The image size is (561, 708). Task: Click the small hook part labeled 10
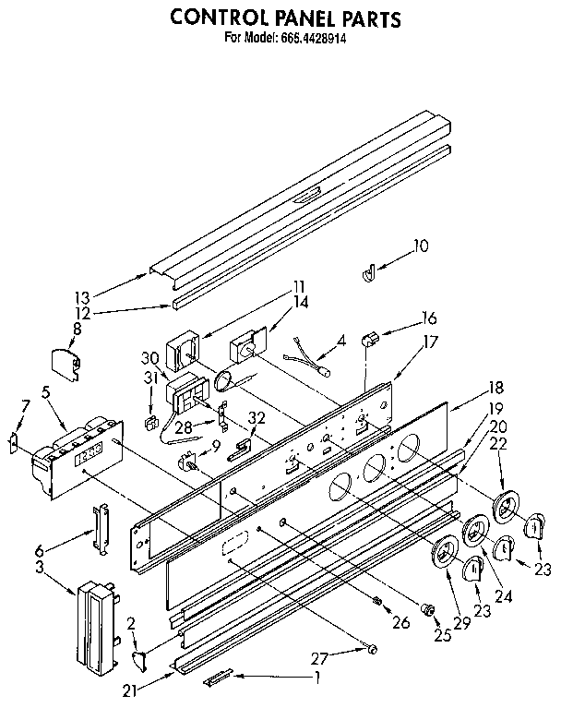368,272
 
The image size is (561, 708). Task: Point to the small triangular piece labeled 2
140,656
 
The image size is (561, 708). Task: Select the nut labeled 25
428,609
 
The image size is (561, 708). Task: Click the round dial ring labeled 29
446,553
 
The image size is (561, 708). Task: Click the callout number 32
257,417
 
